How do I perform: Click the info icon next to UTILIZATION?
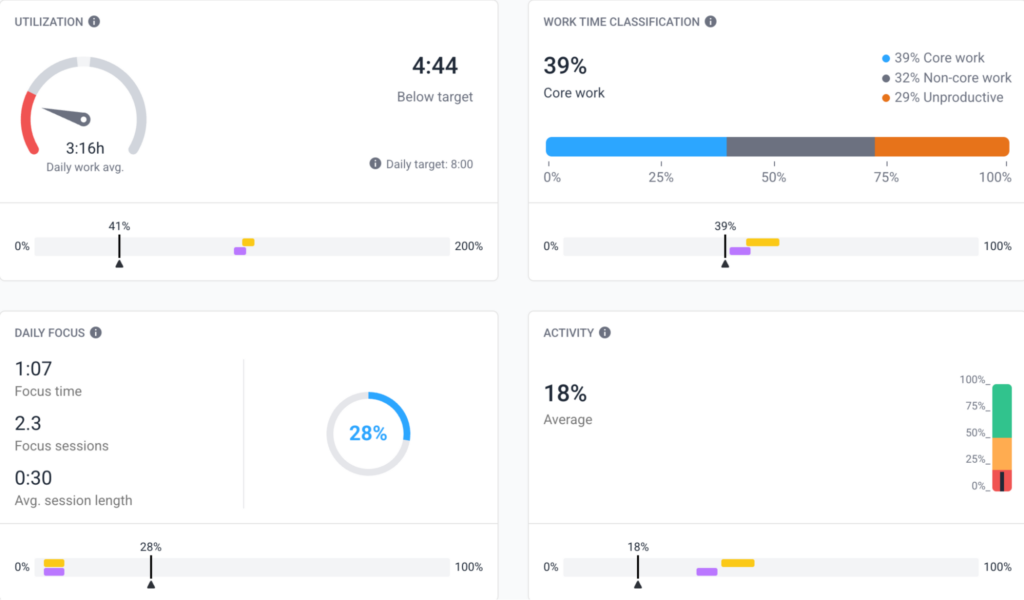point(94,21)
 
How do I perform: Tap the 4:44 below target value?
point(435,66)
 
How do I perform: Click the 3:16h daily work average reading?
point(85,148)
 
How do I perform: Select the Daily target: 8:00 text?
point(429,164)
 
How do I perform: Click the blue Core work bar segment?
point(636,147)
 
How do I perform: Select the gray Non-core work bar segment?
point(800,147)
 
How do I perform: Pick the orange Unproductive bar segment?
point(941,147)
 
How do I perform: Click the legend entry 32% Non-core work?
point(946,78)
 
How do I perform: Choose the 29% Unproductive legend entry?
point(942,97)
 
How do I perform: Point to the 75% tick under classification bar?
point(886,177)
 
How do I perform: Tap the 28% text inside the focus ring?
point(368,434)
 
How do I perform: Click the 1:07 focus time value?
point(33,369)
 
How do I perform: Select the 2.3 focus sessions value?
point(28,423)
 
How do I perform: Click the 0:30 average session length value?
point(33,478)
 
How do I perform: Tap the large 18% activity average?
point(565,393)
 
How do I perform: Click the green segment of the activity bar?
point(1001,411)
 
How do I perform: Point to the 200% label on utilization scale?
point(469,246)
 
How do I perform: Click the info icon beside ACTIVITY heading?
point(605,333)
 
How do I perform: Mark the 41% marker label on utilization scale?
point(119,226)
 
